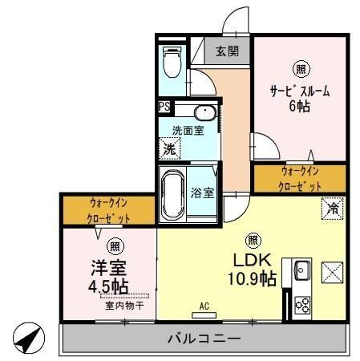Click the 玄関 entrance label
(225, 51)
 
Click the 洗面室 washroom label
(188, 129)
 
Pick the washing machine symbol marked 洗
(169, 148)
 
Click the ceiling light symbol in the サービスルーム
(299, 69)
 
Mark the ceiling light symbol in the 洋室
(115, 245)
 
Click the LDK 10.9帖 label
(254, 270)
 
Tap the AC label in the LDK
(206, 306)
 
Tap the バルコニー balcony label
(204, 339)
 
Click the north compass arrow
(27, 338)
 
